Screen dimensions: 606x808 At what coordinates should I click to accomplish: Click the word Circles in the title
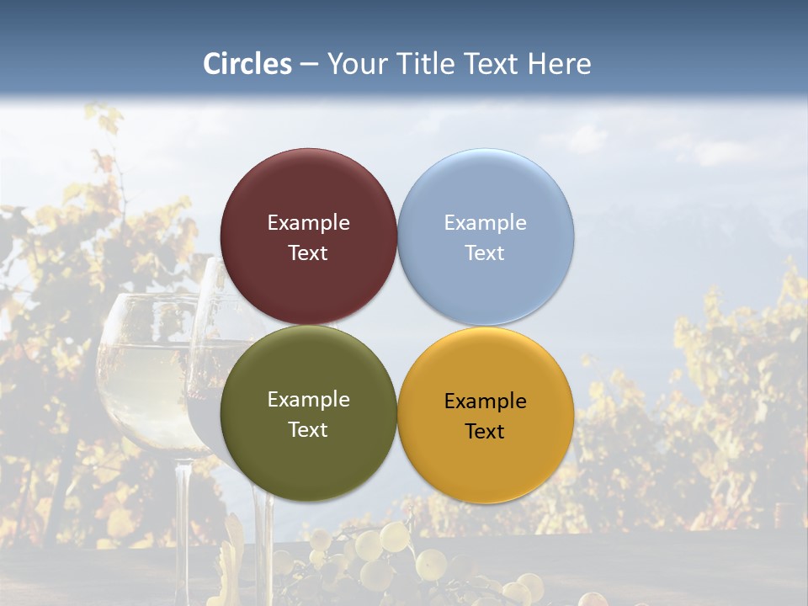[x=247, y=64]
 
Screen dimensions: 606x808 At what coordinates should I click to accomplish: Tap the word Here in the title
[x=560, y=64]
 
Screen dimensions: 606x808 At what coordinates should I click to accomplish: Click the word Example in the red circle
[x=308, y=223]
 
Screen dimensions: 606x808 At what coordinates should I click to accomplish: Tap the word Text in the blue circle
[x=485, y=253]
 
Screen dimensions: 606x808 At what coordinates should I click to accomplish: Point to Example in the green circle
[x=308, y=400]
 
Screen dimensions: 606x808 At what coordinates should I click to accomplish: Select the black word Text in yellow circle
[x=485, y=432]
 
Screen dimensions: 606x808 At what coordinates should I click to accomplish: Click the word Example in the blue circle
[x=485, y=223]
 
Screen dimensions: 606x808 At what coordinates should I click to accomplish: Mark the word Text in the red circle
[x=308, y=253]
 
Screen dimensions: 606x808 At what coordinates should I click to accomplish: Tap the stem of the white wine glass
[x=183, y=522]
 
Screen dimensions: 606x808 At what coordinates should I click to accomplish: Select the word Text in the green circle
[x=308, y=430]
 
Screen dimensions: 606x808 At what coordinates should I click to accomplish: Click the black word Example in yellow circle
[x=485, y=401]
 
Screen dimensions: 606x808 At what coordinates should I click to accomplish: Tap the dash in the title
[x=309, y=65]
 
